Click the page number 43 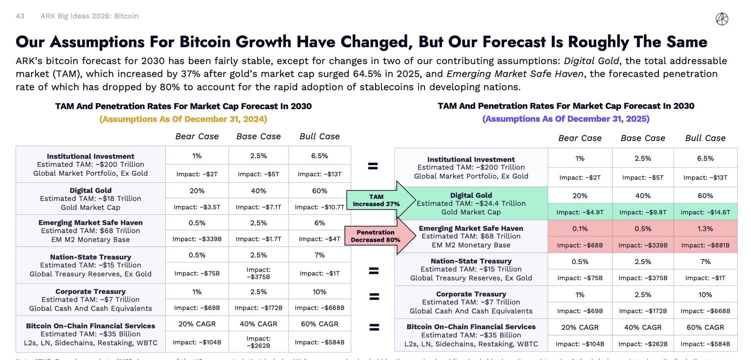coord(20,16)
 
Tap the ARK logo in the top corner coord(722,19)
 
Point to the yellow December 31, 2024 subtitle coord(183,119)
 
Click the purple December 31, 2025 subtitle coord(566,119)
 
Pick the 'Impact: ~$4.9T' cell coord(580,212)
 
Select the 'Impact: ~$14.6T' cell coord(705,212)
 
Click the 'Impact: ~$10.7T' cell coord(319,207)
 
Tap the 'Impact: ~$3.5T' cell coord(197,207)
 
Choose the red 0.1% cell coord(580,229)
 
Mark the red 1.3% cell coord(705,229)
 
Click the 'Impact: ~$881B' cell coord(705,245)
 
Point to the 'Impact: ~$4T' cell coord(319,239)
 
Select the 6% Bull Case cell coord(319,223)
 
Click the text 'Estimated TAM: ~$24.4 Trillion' coord(471,203)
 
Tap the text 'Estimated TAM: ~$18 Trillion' coord(90,199)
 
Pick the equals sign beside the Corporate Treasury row coord(373,296)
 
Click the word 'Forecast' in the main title coord(507,42)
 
